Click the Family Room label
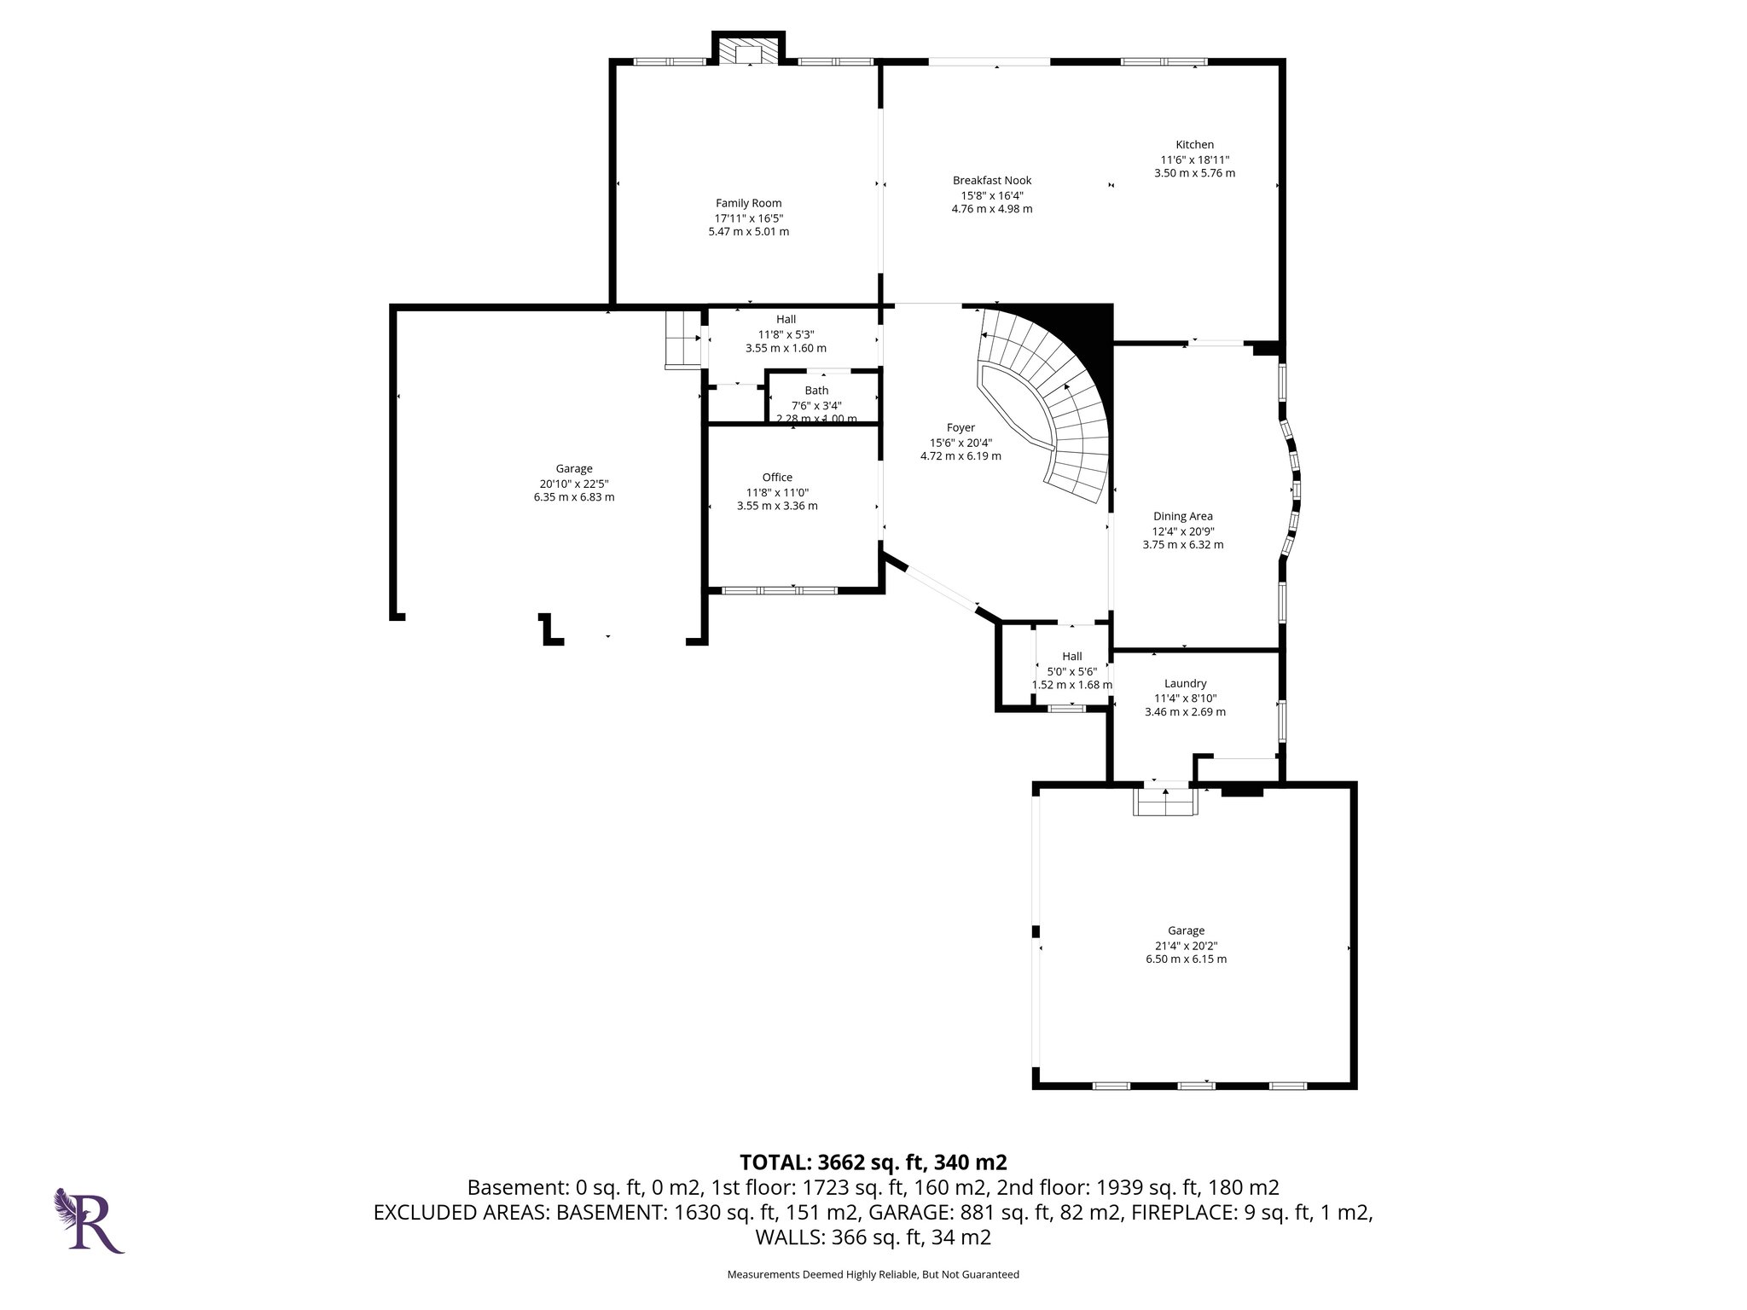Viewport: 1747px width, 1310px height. coord(748,203)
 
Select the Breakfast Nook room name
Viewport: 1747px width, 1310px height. coord(991,180)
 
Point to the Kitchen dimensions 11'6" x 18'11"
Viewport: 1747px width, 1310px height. coord(1194,159)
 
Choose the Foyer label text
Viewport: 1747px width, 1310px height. coord(960,428)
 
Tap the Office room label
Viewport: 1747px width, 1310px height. coord(776,478)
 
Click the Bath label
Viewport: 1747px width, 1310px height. coord(816,391)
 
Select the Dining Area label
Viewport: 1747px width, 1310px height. coord(1182,516)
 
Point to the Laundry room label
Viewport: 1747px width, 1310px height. coord(1185,683)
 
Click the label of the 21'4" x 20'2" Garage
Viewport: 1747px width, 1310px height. coord(1186,931)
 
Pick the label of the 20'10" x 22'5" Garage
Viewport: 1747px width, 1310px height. coord(573,469)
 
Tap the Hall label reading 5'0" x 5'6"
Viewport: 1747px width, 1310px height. coord(1071,657)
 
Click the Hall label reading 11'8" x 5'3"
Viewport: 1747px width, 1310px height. coord(786,320)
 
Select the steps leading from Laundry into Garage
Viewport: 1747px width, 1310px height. coord(1165,802)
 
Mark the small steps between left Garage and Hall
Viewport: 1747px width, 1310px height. coord(682,339)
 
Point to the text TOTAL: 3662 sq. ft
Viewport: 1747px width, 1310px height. coord(872,1162)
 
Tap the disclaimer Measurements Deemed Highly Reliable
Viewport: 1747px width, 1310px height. coord(872,1274)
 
